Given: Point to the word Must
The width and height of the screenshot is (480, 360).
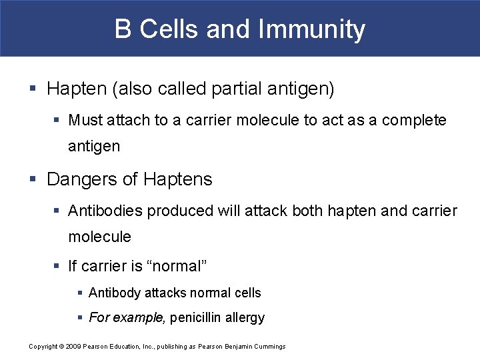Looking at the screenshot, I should coord(85,121).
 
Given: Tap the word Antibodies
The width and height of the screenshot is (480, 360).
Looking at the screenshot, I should coord(106,211).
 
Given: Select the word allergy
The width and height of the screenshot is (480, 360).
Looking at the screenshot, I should coord(246,318).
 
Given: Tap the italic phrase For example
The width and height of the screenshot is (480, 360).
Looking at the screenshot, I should coord(127,317).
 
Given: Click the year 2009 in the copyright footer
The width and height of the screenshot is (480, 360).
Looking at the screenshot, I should coord(72,346).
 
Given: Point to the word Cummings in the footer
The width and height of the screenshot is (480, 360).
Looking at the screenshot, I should coord(270,346).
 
